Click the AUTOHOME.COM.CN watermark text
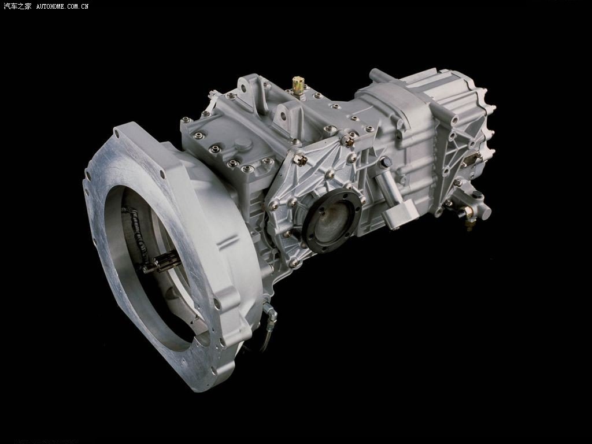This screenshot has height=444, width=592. click(x=62, y=6)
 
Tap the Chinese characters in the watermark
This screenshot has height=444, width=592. click(x=17, y=6)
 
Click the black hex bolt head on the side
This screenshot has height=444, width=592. click(x=386, y=162)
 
